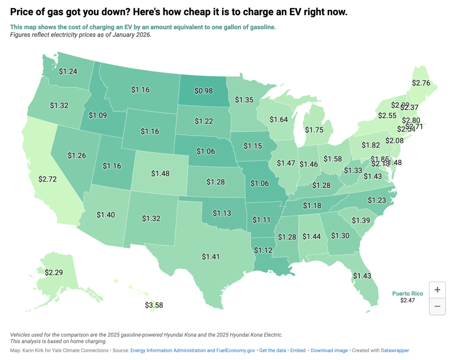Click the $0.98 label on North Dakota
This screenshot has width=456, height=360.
(x=204, y=91)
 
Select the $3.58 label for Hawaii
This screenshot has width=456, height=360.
(x=154, y=305)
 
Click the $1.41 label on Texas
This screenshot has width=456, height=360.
(x=211, y=256)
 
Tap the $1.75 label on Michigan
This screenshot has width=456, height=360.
(x=314, y=129)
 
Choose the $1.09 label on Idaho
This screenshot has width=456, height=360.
(x=98, y=115)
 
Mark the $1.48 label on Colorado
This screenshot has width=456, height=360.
(x=160, y=173)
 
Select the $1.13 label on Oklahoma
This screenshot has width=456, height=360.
(x=222, y=213)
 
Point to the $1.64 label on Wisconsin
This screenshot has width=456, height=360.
(x=278, y=119)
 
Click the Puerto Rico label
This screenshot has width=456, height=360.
(x=407, y=294)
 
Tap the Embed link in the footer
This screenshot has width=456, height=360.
(x=298, y=350)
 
